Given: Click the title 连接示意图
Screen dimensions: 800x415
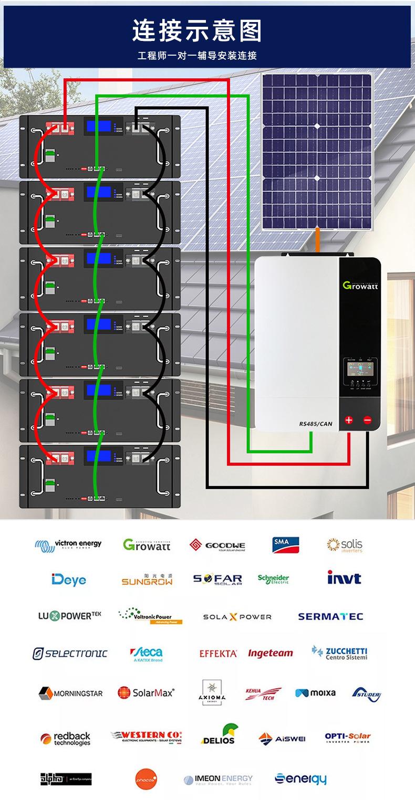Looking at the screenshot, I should coord(197,30).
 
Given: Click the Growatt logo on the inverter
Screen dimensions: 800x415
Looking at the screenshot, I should coord(362,285).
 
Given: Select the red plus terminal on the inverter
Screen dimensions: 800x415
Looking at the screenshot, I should coord(349,420).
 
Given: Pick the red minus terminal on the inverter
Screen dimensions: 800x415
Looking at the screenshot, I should coord(367,420).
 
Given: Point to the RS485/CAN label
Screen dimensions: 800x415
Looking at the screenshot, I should coord(316,424).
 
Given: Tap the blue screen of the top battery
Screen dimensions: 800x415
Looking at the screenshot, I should coord(99,127).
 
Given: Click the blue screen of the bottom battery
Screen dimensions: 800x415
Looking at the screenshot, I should coord(99,456).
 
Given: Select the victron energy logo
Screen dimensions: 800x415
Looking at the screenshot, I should coord(68,545).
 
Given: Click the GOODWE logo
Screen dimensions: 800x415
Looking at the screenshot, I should coord(217,545).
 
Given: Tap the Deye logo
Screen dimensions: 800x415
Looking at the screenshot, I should coord(69,580).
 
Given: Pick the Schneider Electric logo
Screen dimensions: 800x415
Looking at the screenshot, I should coord(273,579).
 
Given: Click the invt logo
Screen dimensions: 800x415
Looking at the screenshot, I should coord(344,578).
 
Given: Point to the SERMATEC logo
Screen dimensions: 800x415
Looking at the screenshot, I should coord(330,616).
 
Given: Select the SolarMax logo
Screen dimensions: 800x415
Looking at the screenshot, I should coord(146,693).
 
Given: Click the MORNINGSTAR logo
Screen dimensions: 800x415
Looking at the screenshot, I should coord(70,693).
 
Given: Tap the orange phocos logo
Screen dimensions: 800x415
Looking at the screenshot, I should coord(146,779).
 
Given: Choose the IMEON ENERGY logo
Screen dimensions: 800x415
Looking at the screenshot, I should coord(218,779).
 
